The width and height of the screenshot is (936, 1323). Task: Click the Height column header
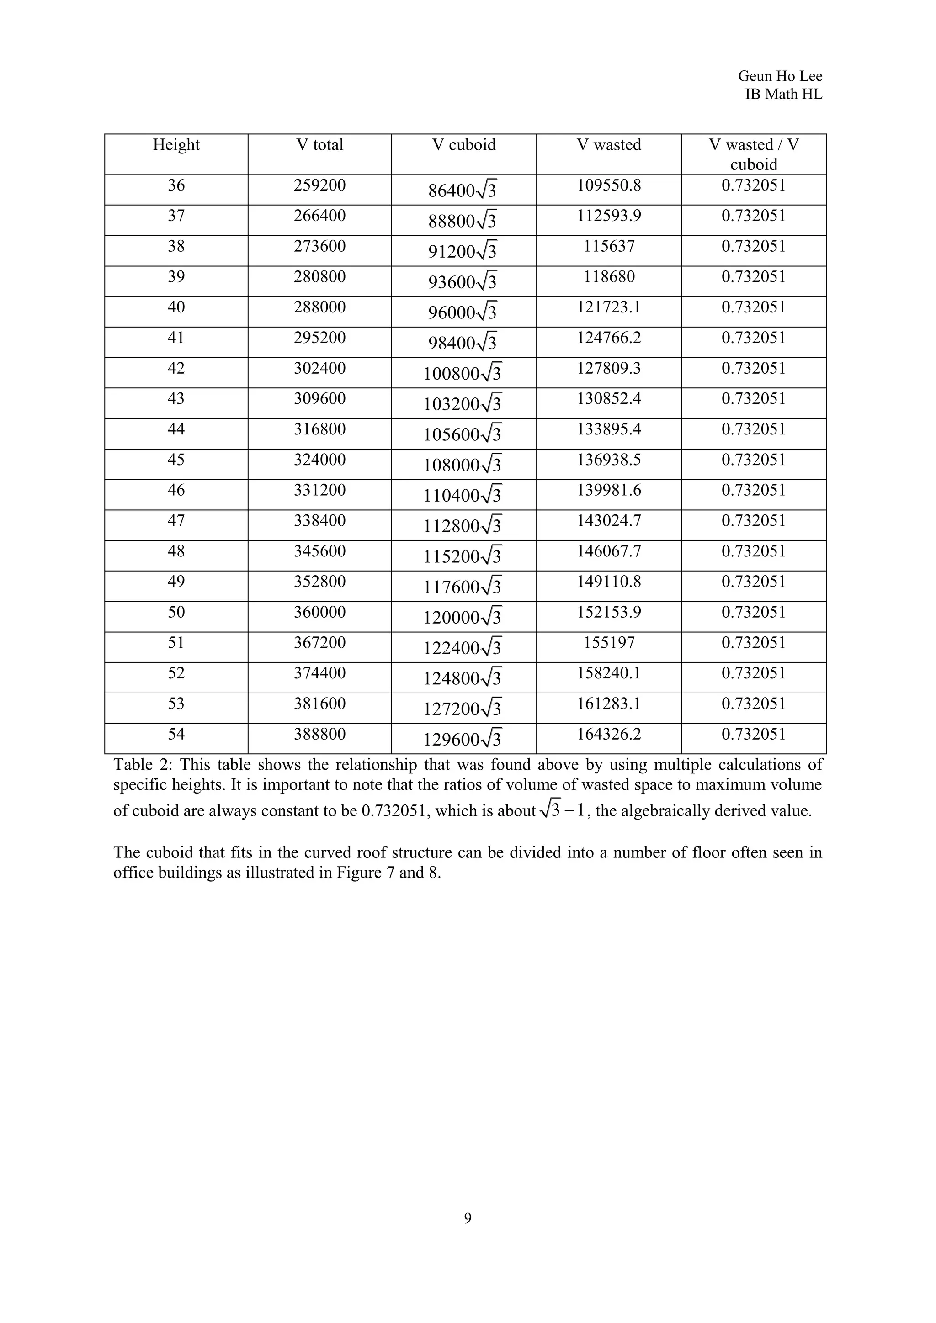click(x=176, y=145)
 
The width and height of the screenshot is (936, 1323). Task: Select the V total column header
click(x=319, y=145)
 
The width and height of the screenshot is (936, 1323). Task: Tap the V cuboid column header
click(x=463, y=145)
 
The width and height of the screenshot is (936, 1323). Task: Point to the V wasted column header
click(x=609, y=145)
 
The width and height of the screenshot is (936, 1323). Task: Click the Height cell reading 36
click(x=176, y=185)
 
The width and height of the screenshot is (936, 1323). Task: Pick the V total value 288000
click(x=319, y=307)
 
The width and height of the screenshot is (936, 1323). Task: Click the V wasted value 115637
click(x=609, y=247)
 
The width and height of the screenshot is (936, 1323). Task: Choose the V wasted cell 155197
click(x=609, y=642)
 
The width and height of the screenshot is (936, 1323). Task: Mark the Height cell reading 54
click(x=176, y=734)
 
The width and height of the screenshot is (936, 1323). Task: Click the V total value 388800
click(x=319, y=734)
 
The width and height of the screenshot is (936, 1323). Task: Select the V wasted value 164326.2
click(x=609, y=734)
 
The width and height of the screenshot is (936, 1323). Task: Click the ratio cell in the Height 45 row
click(x=753, y=460)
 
